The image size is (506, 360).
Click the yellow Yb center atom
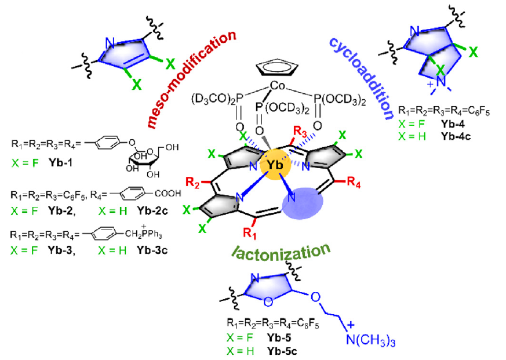click(277, 165)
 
